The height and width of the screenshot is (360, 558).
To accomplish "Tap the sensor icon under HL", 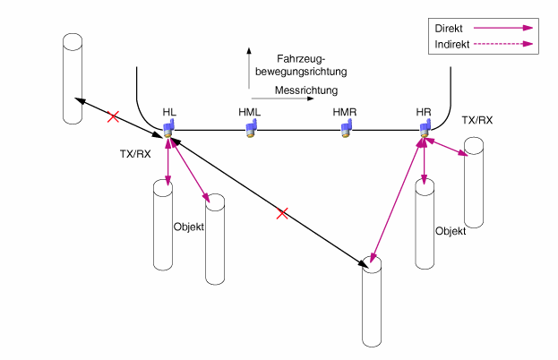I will point(167,131).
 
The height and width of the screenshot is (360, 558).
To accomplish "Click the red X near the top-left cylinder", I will point(113,116).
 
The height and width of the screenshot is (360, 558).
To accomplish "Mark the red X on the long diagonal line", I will point(282,213).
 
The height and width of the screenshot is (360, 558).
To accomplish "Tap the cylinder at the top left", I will point(73,78).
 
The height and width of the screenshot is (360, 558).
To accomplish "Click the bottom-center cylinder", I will point(372,304).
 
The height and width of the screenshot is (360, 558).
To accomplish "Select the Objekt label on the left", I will point(188,227).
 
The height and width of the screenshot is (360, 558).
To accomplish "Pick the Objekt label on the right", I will point(451,230).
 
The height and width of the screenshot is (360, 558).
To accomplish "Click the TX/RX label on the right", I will point(476,120).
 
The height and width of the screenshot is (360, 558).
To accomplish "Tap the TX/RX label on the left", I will point(135,153).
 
